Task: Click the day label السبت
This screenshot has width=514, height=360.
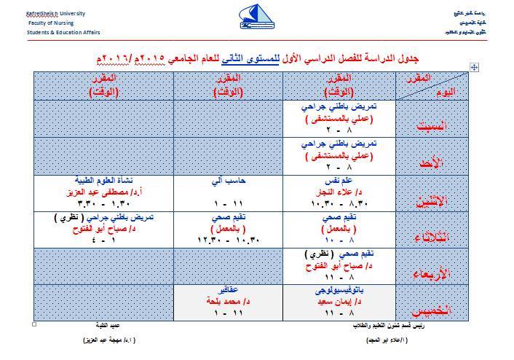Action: [430, 125]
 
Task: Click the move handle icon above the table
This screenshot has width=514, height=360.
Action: [474, 67]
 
